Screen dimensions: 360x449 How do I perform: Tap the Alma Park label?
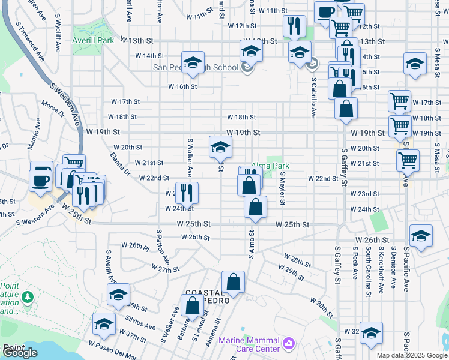(270, 166)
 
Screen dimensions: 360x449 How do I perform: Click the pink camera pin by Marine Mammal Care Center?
(289, 343)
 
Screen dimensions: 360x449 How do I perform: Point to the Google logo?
(20, 353)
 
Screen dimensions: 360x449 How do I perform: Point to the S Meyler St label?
(282, 188)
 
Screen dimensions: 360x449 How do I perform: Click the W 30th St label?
(321, 303)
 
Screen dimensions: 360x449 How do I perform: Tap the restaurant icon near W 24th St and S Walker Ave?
(187, 193)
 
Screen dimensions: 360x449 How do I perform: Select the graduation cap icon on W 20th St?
(220, 146)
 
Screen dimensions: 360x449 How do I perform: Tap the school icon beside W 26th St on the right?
(421, 235)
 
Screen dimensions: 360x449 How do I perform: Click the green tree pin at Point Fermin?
(27, 297)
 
